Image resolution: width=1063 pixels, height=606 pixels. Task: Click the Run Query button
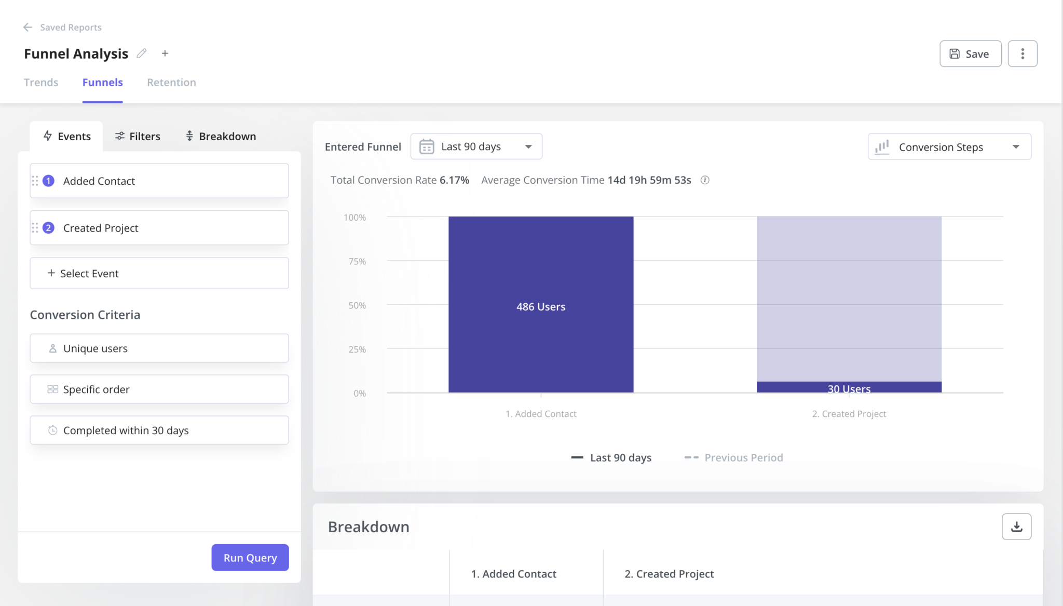point(250,557)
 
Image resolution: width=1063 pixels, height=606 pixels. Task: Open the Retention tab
point(171,83)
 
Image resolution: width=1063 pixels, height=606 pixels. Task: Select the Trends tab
point(41,83)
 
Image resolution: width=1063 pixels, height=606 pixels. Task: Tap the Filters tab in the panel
point(138,136)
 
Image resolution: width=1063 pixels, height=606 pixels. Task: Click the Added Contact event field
point(159,181)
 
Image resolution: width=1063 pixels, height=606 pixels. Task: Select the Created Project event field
point(159,228)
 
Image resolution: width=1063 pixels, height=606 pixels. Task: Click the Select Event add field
point(159,273)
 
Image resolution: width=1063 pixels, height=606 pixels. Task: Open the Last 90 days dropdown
point(476,146)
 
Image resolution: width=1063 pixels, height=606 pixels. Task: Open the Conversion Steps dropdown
point(949,147)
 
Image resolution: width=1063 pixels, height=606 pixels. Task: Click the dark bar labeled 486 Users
point(540,306)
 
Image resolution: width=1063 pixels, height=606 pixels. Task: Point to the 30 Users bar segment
point(849,387)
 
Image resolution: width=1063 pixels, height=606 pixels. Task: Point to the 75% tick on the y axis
point(357,261)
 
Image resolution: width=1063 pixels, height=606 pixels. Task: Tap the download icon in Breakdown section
point(1016,527)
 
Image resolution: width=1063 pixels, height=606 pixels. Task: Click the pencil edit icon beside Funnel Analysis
point(142,53)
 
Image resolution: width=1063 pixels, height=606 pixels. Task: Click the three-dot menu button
point(1022,53)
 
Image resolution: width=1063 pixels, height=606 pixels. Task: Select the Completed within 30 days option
point(159,430)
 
